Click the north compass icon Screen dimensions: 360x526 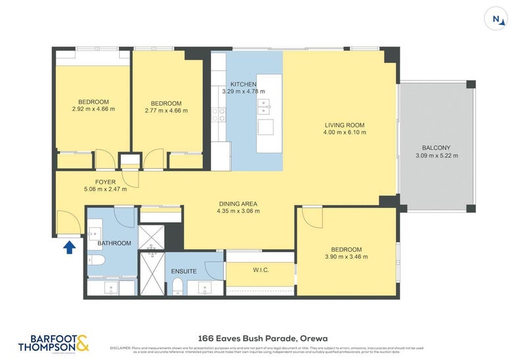(498, 20)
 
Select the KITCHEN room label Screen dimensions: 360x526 (243, 84)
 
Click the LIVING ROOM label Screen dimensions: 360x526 (345, 125)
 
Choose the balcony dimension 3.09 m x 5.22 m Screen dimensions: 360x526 (437, 156)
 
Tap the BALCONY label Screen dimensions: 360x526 (437, 148)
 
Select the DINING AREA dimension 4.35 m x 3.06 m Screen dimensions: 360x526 (238, 211)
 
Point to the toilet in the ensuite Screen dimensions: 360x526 (178, 286)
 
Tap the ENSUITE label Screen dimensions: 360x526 (183, 271)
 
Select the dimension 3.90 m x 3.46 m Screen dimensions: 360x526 (346, 257)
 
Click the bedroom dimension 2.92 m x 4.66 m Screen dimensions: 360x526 (93, 110)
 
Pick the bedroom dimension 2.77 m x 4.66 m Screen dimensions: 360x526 (166, 111)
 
